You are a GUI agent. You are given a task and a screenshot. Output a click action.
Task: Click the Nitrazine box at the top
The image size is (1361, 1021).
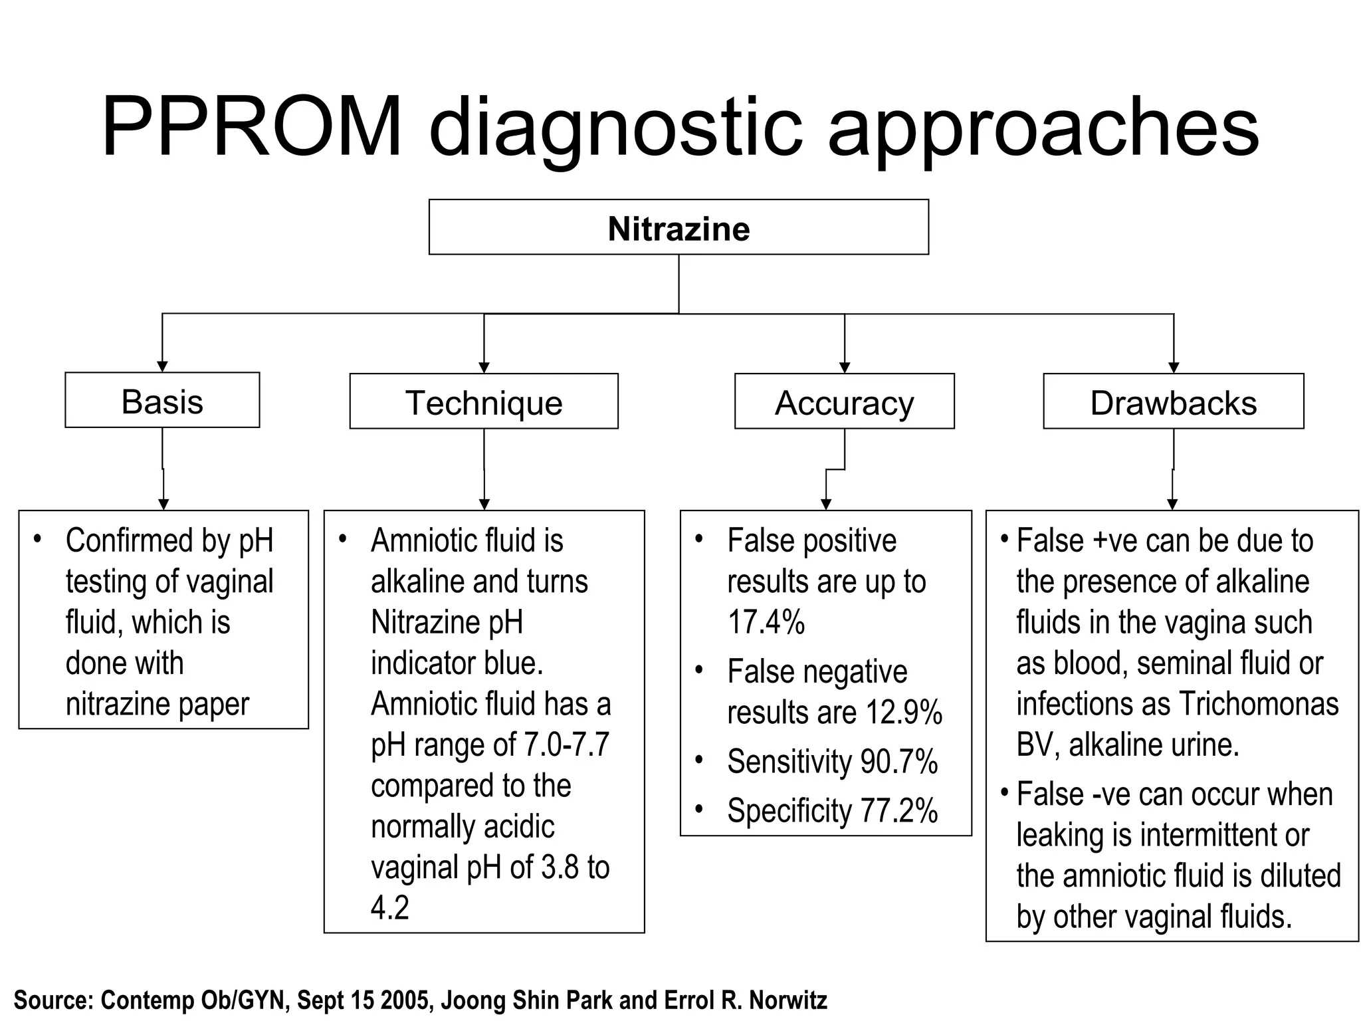coord(678,227)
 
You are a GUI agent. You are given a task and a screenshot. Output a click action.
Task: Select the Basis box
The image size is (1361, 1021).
coord(162,401)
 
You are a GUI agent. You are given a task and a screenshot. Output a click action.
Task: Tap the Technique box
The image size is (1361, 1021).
coord(484,402)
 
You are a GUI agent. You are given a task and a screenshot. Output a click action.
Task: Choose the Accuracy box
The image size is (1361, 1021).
coord(844,402)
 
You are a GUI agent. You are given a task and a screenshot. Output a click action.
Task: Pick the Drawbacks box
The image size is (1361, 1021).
coord(1173,402)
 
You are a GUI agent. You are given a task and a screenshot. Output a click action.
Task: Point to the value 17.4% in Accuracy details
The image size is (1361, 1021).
coord(766,622)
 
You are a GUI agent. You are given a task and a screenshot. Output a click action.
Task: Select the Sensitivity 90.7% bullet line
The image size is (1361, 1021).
coord(832,762)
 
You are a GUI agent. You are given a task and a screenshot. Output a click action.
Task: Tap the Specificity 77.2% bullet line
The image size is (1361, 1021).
coord(832,811)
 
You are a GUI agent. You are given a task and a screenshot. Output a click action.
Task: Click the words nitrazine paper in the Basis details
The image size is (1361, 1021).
coord(157,704)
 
